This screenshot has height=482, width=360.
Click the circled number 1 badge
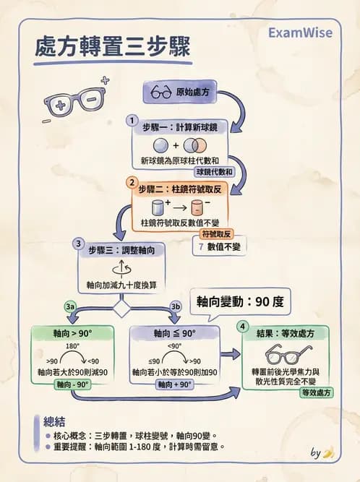[132, 120]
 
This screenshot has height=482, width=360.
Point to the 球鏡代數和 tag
[215, 172]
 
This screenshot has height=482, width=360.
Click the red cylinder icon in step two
[197, 209]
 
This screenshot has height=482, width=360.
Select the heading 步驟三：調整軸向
[127, 249]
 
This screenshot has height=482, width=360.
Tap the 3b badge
[174, 306]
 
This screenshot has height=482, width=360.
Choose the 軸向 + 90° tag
[174, 384]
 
